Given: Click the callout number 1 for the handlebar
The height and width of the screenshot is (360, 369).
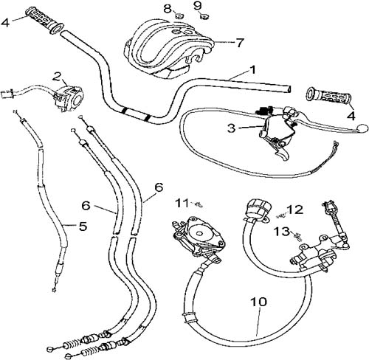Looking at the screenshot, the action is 252,70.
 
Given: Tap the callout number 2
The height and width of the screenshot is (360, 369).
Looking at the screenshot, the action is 57,77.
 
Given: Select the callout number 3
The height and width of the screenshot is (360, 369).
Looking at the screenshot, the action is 231,128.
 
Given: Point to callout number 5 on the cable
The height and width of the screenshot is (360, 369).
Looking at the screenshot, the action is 83,226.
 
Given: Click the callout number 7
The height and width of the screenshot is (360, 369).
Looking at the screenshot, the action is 240,43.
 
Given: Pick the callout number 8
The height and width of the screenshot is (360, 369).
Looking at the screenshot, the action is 168,9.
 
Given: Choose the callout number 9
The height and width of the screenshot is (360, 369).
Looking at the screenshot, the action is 198,6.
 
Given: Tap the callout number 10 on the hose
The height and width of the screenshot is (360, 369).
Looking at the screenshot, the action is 259,302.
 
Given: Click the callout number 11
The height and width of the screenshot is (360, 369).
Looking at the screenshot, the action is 182,204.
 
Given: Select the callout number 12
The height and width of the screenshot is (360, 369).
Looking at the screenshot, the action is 295,210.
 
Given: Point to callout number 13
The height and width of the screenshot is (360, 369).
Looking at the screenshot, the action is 283,232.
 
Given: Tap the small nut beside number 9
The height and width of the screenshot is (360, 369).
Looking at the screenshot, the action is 204,17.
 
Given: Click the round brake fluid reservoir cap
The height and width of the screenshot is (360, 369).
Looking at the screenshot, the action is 256,207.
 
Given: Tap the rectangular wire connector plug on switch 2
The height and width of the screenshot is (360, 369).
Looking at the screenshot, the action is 6,94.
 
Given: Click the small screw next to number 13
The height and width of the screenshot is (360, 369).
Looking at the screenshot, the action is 298,237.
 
